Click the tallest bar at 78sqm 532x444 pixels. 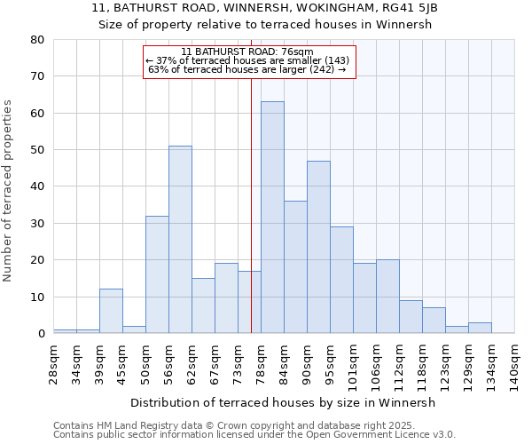coord(272,218)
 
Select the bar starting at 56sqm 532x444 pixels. coord(180,240)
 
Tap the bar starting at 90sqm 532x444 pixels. coord(318,247)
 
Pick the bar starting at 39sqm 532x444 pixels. coord(111,311)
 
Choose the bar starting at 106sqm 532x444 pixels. coord(387,297)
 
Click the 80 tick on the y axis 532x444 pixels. coord(37,40)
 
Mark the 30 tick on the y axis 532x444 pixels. coord(37,224)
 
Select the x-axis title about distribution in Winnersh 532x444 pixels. coord(283,402)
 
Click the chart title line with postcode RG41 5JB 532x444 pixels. coord(265,7)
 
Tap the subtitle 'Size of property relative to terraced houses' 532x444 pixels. coord(265,24)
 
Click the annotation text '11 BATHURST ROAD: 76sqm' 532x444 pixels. coord(247,52)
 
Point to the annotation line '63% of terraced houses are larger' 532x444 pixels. coord(247,70)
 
